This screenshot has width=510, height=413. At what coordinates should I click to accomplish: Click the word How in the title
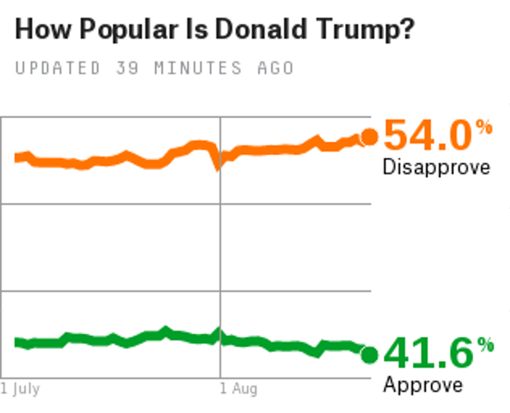(x=39, y=30)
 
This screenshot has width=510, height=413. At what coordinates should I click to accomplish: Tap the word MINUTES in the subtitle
(x=190, y=68)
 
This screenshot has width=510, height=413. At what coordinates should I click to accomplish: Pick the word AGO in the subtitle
(x=275, y=68)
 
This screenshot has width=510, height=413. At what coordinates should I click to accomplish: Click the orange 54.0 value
(x=426, y=136)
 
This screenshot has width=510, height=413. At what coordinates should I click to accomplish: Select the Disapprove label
(x=436, y=168)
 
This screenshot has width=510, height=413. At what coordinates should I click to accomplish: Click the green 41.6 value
(x=427, y=353)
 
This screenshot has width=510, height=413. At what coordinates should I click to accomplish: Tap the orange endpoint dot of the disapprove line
(x=369, y=137)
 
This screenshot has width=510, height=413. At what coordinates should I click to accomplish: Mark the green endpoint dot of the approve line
(x=370, y=354)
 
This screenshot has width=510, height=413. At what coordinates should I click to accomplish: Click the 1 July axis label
(x=20, y=390)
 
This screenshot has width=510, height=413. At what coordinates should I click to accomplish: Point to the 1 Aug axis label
(x=239, y=390)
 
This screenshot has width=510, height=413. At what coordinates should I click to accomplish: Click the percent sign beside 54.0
(x=483, y=127)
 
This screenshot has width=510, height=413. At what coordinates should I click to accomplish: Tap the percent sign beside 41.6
(x=485, y=345)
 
